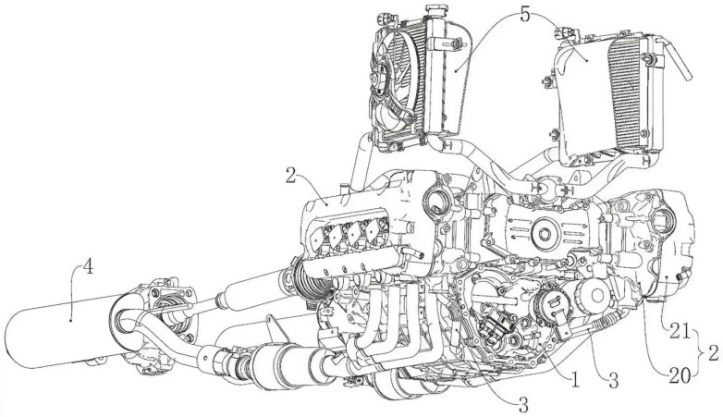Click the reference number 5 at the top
coord(525,15)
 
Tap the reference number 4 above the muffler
coord(88,266)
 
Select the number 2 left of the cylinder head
coord(290,176)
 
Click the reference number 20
coord(680,376)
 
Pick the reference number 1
coord(574,381)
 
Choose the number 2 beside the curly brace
coord(714,354)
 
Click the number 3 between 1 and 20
coord(612,381)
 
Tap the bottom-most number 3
coord(523,406)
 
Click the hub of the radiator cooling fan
coord(379,80)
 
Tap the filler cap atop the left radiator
coord(433,9)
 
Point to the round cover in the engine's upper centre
coord(545,234)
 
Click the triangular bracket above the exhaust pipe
coord(275,327)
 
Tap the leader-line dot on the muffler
coord(70,319)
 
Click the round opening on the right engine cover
coord(665,220)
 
